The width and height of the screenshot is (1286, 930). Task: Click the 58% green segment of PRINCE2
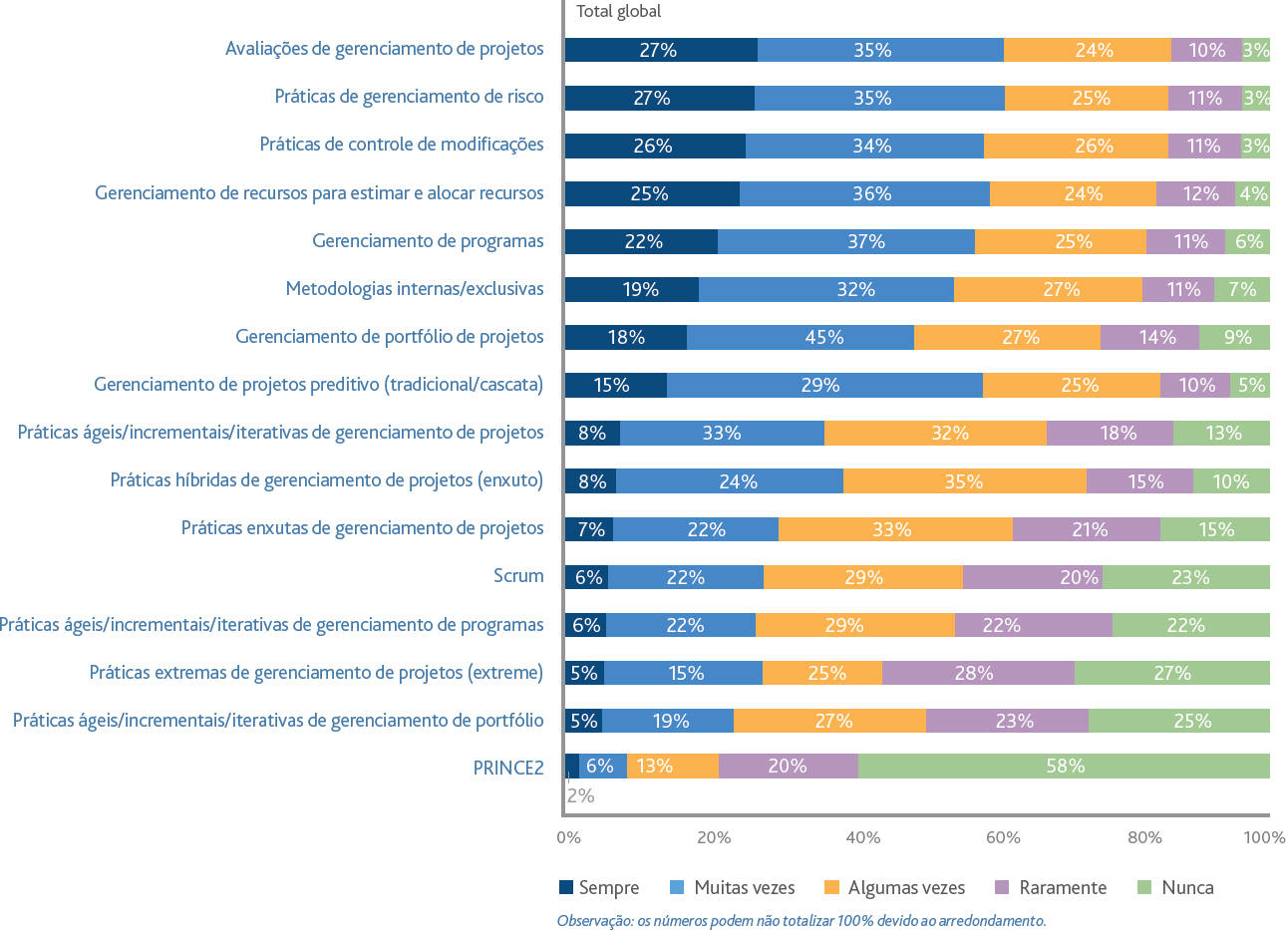pos(1064,766)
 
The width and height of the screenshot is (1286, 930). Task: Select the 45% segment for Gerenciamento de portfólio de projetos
pos(801,337)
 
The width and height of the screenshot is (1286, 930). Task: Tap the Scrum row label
pos(518,576)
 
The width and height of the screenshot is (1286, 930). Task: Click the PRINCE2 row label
pos(508,768)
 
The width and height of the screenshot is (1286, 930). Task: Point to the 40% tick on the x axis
pos(863,837)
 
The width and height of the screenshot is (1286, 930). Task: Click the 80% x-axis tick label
pos(1144,837)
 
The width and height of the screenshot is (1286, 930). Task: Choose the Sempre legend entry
pos(599,887)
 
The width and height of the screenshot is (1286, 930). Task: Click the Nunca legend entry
pos(1175,887)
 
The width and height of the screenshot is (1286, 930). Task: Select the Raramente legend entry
pos(1051,887)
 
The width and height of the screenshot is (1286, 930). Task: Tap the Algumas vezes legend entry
pos(894,887)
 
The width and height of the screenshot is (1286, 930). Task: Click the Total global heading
pos(618,12)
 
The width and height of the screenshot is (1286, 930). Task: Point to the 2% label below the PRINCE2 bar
pos(580,795)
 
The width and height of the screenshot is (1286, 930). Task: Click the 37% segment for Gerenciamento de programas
pos(846,241)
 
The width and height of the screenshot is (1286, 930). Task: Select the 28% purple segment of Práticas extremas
pos(978,672)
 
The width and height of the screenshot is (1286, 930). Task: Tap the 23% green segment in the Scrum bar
pos(1186,577)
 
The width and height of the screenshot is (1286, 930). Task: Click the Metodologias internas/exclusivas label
pos(415,288)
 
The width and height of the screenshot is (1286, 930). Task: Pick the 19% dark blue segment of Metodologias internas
pos(631,289)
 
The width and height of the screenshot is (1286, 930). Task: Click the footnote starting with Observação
pos(802,920)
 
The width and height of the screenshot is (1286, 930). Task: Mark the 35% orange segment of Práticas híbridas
pos(965,481)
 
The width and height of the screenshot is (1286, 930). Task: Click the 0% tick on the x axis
pos(568,837)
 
